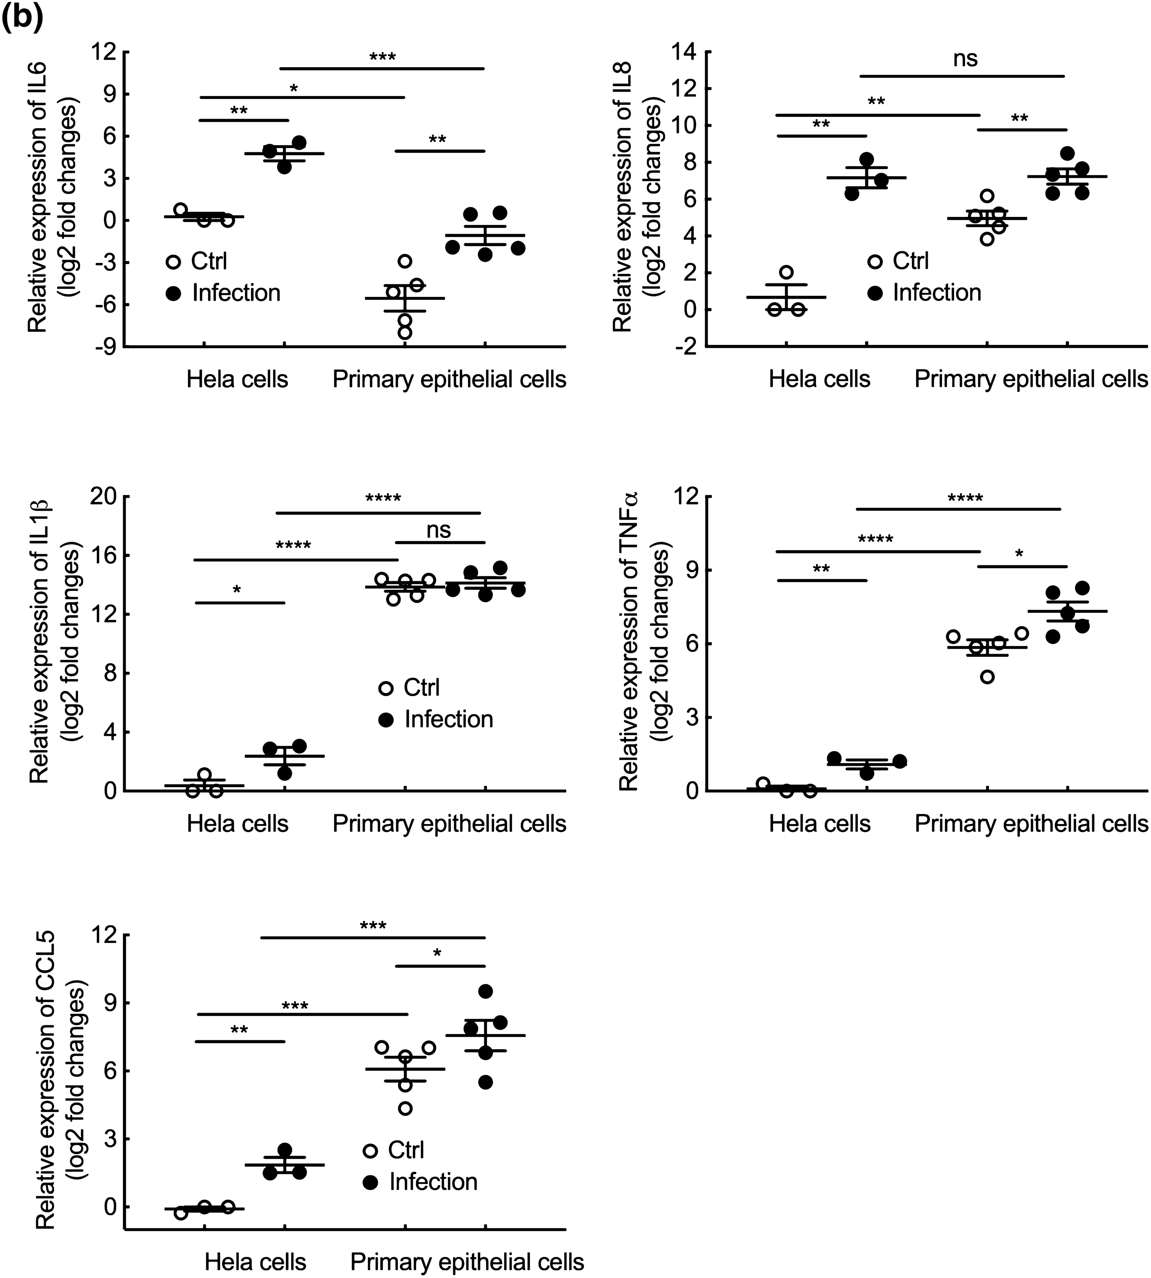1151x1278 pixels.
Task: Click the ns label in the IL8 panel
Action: pyautogui.click(x=965, y=59)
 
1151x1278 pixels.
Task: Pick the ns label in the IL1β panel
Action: pyautogui.click(x=438, y=530)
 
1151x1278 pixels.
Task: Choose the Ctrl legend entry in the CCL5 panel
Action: pyautogui.click(x=405, y=1150)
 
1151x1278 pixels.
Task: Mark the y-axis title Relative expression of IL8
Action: pyautogui.click(x=633, y=199)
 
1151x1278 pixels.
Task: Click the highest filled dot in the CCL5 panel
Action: pyautogui.click(x=486, y=991)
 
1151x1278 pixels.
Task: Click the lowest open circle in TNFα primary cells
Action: pyautogui.click(x=987, y=677)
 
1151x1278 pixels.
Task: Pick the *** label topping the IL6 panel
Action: pyautogui.click(x=383, y=57)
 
